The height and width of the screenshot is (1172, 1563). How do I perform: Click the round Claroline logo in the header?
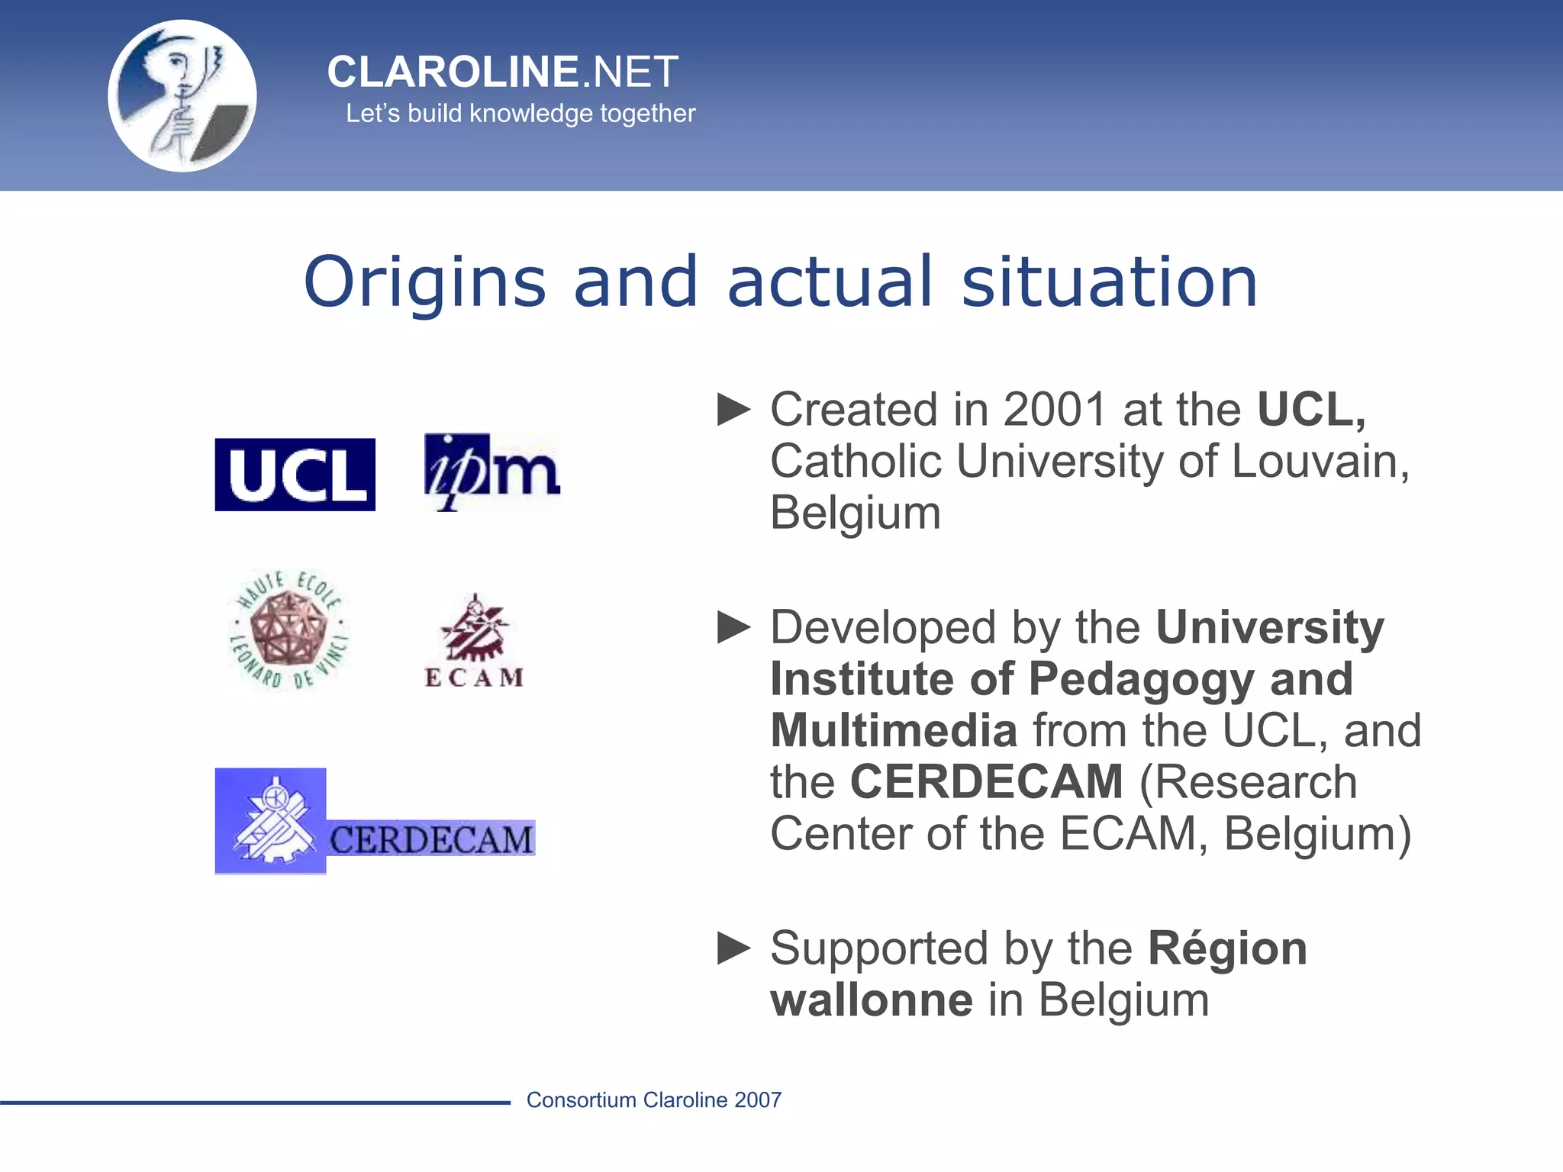click(x=182, y=96)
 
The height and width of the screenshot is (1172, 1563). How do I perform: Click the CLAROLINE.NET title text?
click(x=502, y=72)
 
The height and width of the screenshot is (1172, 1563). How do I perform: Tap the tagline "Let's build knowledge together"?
click(x=520, y=114)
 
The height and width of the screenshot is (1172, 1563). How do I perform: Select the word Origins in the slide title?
click(x=424, y=282)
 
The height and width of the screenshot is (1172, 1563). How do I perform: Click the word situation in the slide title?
click(x=1109, y=282)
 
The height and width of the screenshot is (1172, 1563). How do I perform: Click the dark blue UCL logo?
click(x=295, y=475)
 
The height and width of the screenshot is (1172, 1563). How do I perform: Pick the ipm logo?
click(x=492, y=472)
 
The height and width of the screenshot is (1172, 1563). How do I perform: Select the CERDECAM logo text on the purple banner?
click(x=431, y=840)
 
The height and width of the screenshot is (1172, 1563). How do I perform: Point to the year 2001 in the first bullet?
click(x=1055, y=410)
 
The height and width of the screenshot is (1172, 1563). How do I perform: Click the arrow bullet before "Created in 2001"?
click(x=734, y=410)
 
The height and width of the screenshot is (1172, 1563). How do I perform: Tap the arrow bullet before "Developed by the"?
click(x=734, y=627)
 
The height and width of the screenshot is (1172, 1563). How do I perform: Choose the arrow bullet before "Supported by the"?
click(x=734, y=948)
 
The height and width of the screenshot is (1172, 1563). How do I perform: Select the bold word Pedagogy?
click(x=1141, y=679)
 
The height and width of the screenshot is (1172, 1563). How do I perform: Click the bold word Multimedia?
click(x=894, y=730)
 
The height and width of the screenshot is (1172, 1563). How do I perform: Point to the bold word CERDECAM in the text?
click(x=987, y=782)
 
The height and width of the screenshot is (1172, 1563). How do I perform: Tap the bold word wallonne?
click(x=872, y=1000)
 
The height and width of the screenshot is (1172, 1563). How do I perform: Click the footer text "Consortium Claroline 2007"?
click(x=654, y=1100)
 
